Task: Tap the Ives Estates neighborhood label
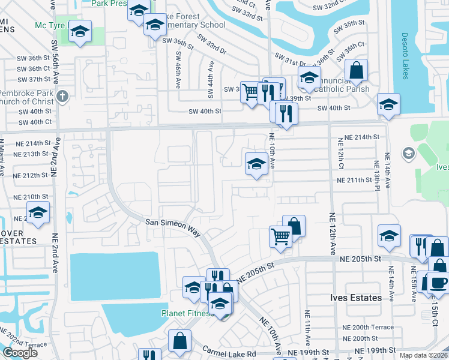(356, 298)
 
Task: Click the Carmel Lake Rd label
(229, 353)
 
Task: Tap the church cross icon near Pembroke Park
(62, 96)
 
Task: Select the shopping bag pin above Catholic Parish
(356, 70)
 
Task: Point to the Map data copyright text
(423, 355)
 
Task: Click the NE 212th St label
(32, 175)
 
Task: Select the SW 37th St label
(34, 79)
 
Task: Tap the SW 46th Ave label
(178, 70)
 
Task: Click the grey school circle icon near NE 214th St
(409, 154)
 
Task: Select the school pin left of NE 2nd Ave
(38, 213)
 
